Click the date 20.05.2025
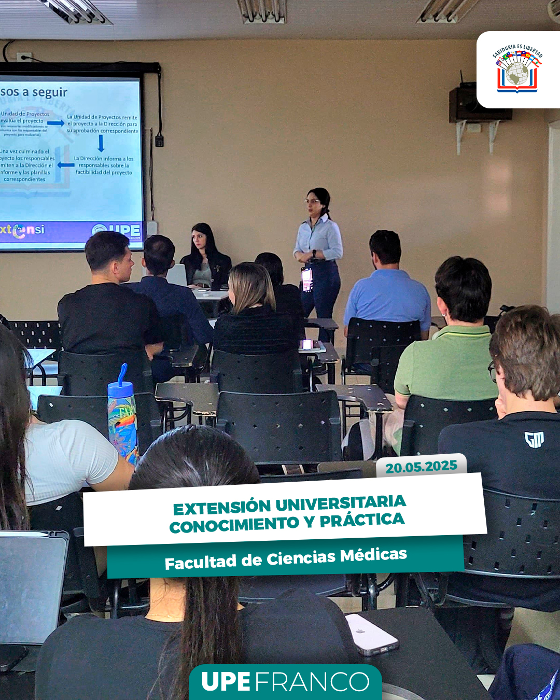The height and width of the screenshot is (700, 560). tap(421, 467)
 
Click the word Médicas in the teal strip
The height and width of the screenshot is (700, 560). tap(373, 555)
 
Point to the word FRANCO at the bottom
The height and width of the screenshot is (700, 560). tap(312, 682)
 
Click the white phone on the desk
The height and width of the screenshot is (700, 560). tap(371, 634)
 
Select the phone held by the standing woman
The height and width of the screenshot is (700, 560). tap(306, 279)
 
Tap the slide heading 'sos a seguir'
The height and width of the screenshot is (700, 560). tap(34, 92)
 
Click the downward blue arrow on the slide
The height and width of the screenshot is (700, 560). tap(101, 143)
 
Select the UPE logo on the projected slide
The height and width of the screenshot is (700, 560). tap(117, 231)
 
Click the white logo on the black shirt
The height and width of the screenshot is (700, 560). tap(534, 440)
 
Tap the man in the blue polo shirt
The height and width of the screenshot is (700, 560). tap(388, 290)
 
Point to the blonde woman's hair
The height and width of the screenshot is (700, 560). tap(252, 286)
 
